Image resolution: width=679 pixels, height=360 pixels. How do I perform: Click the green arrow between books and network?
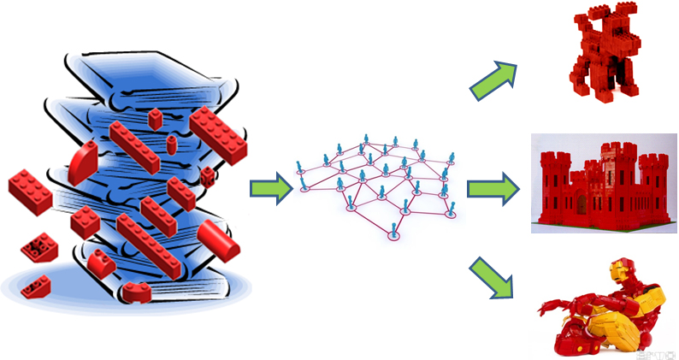269,190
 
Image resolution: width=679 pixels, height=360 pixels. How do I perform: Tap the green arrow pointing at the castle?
493,187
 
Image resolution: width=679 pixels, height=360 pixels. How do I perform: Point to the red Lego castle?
602,185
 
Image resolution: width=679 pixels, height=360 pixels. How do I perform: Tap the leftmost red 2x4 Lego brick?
30,191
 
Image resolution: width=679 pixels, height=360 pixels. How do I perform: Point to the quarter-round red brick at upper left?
86,162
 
